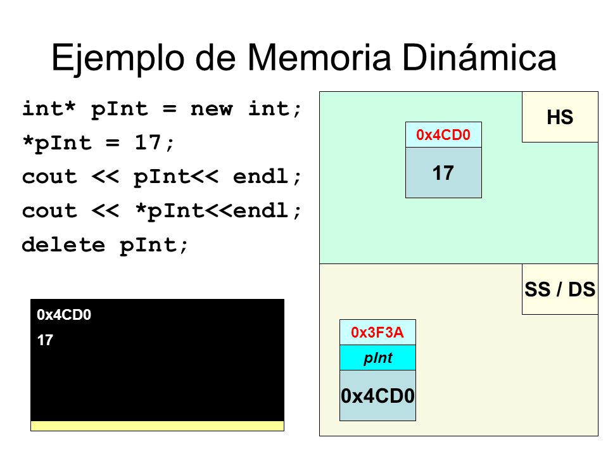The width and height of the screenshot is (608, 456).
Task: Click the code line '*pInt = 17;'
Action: click(x=98, y=142)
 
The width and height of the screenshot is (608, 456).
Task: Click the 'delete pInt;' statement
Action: click(x=105, y=245)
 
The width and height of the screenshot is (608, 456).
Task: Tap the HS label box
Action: click(x=560, y=117)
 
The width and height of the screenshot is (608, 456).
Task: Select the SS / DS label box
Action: click(x=560, y=289)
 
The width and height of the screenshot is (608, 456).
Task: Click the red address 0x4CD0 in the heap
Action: click(x=443, y=134)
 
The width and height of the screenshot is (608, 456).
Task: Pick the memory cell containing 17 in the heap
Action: click(x=443, y=172)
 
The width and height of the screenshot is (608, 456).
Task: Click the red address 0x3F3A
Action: click(x=377, y=332)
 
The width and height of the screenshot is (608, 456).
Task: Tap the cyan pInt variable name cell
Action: click(x=377, y=358)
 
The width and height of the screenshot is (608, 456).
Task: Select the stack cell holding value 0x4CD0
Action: click(x=377, y=396)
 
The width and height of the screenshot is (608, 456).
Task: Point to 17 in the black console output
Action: click(x=44, y=341)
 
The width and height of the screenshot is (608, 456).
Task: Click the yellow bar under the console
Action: click(x=157, y=426)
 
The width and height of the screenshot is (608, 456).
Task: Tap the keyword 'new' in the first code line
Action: click(x=212, y=109)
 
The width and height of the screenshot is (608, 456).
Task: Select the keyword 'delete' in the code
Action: click(x=63, y=245)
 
